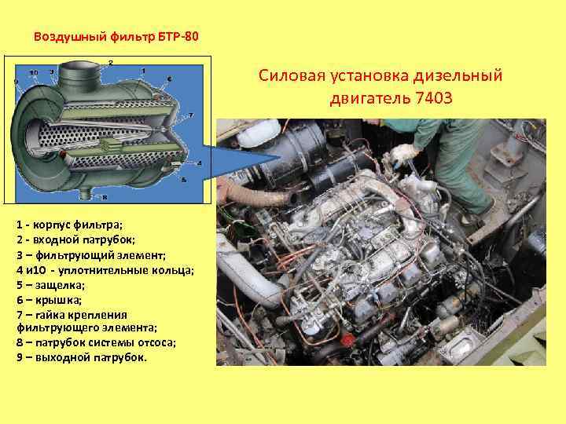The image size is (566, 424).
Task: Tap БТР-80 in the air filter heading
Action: tap(185, 36)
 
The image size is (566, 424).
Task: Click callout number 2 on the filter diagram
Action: tap(110, 62)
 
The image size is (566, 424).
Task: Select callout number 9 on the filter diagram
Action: tap(16, 82)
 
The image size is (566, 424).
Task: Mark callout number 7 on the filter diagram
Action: tap(192, 115)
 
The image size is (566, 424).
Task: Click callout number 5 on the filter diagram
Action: tap(183, 180)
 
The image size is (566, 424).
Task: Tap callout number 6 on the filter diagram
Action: tap(170, 79)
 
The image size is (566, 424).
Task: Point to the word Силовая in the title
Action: tap(294, 76)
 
